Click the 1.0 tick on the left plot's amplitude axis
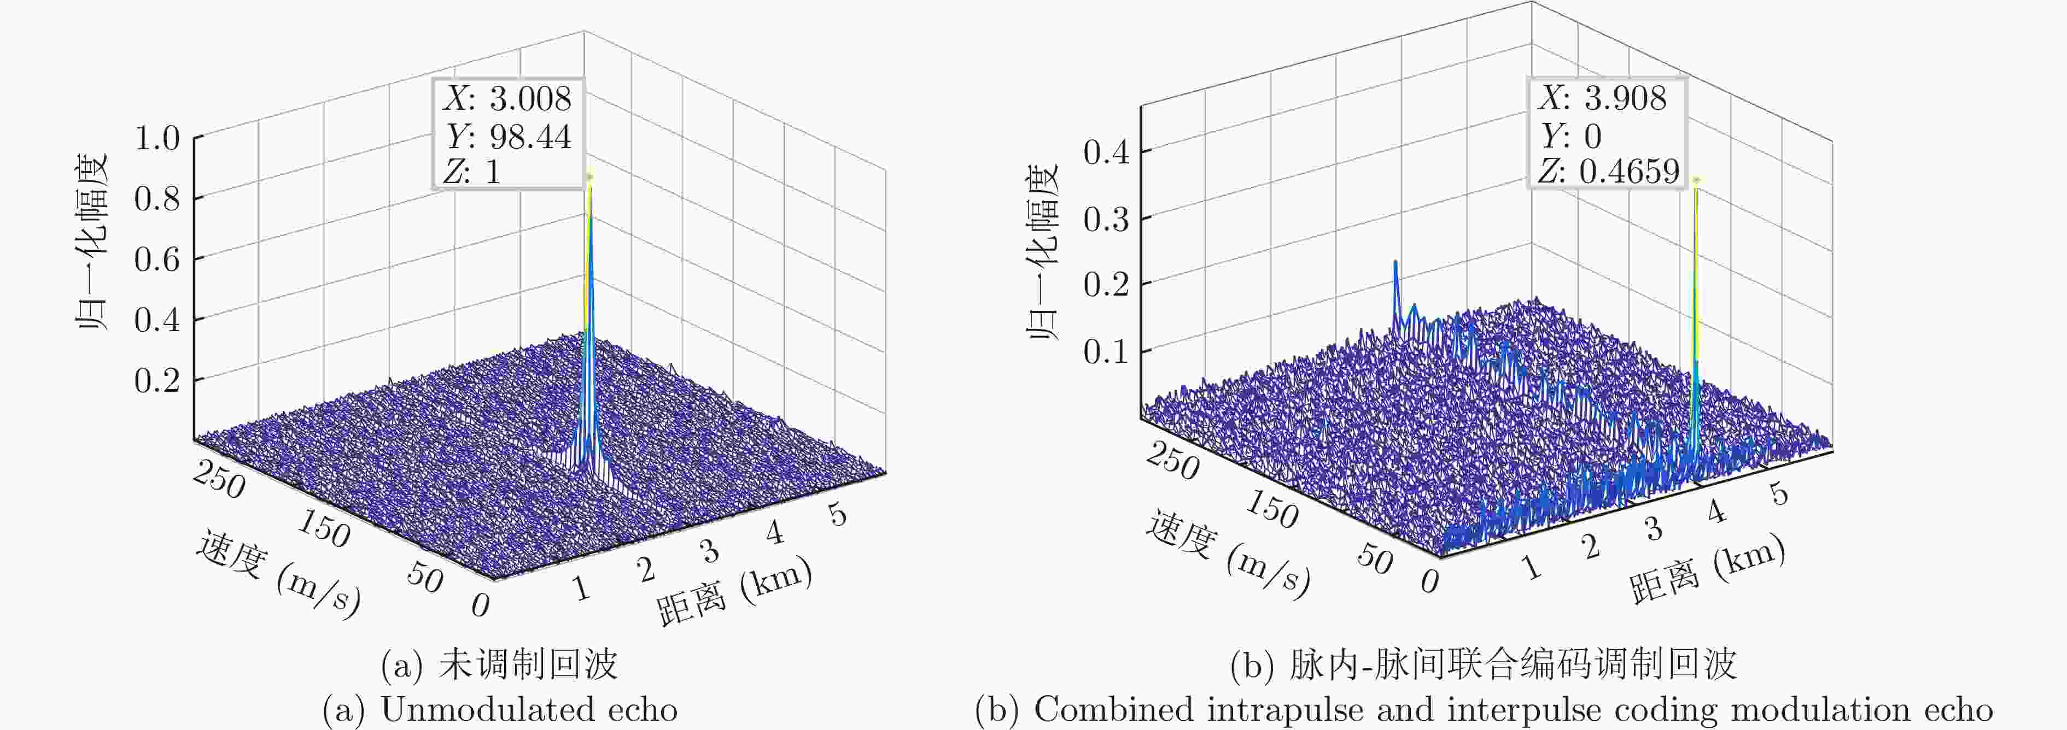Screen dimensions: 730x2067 [156, 138]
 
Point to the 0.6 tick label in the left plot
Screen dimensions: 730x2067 [156, 258]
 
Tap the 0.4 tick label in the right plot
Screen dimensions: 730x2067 [1106, 151]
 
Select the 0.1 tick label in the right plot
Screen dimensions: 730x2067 [1106, 351]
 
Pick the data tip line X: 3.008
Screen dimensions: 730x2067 [507, 98]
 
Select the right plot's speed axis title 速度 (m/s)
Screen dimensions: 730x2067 [1228, 554]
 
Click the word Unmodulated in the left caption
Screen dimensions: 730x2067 [486, 709]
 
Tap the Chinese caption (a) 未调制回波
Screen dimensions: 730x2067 [499, 664]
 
